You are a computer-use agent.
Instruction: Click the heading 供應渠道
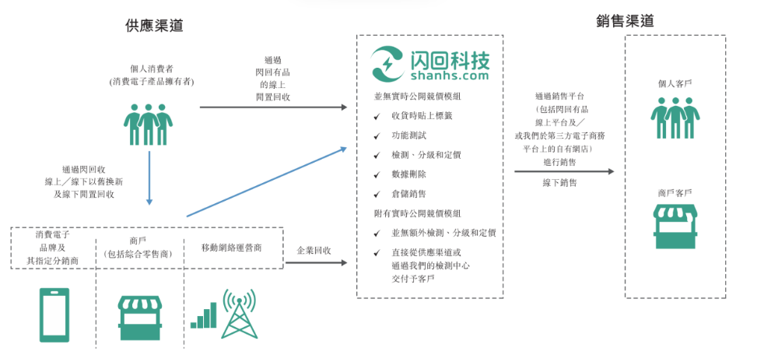[154, 26]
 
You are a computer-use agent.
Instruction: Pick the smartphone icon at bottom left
[54, 315]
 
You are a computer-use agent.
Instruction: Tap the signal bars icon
[203, 317]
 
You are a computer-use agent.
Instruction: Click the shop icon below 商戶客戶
[675, 227]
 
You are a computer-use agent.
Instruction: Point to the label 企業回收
[314, 251]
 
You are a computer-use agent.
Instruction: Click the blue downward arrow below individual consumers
[149, 179]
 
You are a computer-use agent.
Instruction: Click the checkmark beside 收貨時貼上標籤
[377, 116]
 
